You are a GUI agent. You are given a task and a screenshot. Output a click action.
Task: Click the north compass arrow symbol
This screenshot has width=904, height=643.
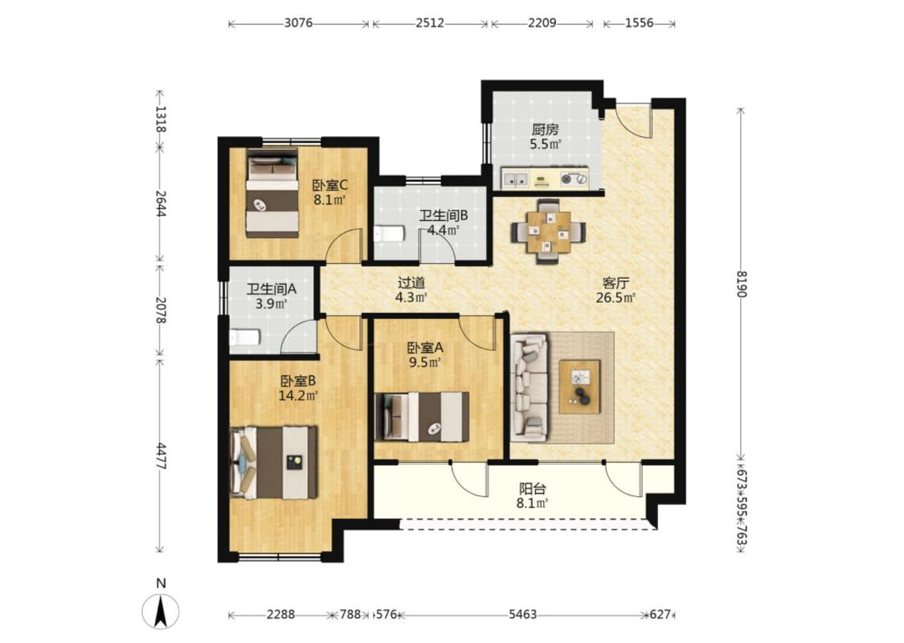tap(160, 612)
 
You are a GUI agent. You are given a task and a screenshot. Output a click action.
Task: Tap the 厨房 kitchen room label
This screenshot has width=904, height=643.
tap(545, 129)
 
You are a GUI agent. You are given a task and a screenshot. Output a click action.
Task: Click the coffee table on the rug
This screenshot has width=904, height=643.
tap(579, 387)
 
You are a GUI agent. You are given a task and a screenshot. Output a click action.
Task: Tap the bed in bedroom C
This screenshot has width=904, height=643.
tap(272, 193)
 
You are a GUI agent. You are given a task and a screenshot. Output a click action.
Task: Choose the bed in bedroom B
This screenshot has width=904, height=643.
tap(273, 462)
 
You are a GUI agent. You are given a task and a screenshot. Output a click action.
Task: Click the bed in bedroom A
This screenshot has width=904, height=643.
tap(422, 417)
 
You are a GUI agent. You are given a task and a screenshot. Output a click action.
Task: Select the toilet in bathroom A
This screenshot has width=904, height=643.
tap(244, 338)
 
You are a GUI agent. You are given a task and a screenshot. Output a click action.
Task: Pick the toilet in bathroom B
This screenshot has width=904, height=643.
tap(389, 234)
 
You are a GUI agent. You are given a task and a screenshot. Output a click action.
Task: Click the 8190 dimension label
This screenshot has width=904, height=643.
tap(741, 285)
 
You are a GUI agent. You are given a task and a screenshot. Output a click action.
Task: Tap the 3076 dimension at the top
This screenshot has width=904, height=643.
tap(299, 23)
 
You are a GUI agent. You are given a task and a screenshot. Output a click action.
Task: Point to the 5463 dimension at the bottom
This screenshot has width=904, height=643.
tap(523, 615)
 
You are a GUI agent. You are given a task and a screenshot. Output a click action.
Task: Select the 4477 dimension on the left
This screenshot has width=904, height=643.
tap(161, 456)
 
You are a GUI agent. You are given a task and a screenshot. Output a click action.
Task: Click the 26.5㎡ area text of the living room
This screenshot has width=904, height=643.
tap(616, 298)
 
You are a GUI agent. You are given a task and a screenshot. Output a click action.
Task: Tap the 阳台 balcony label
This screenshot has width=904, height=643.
tap(532, 489)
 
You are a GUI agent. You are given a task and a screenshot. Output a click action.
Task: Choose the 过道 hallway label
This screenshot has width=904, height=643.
tap(411, 283)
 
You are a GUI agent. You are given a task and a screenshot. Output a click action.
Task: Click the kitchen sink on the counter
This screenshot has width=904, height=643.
tap(515, 179)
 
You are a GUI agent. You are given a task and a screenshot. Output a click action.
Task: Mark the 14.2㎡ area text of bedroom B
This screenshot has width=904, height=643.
tap(298, 396)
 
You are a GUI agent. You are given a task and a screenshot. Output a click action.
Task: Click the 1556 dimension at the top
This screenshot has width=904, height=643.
tap(640, 23)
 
